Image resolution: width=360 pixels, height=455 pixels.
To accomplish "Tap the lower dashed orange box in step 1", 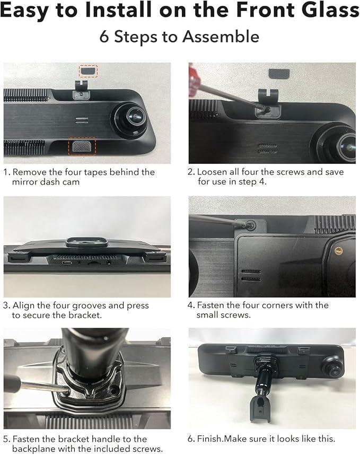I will point(82,146).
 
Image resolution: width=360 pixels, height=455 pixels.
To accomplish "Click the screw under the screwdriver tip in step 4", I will point(250,225).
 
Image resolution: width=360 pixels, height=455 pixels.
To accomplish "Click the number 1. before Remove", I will point(7,172).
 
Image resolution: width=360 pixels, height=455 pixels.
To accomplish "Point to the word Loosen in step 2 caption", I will point(213,172).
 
